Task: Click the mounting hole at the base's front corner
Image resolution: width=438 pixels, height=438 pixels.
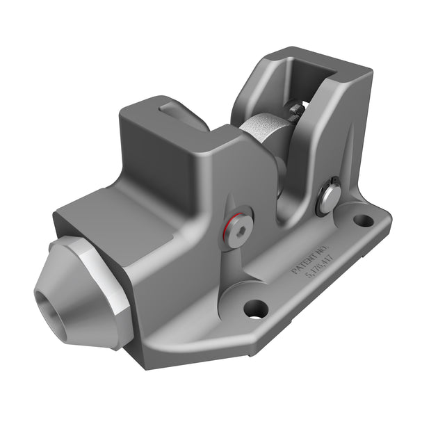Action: (255, 307)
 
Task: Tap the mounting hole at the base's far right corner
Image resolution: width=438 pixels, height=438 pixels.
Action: (363, 221)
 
